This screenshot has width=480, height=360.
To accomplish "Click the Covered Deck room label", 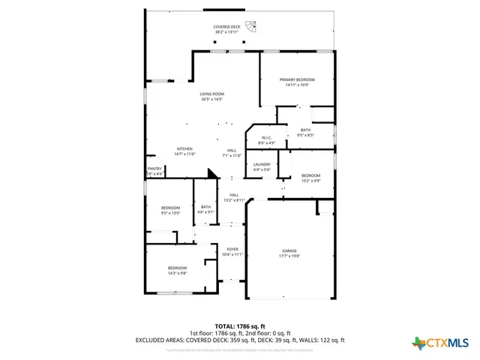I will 226,27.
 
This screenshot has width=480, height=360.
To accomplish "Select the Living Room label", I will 212,94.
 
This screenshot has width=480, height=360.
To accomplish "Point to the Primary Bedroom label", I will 297,79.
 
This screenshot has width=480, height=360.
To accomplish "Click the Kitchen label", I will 184,148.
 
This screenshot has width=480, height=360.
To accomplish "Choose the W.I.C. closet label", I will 267,138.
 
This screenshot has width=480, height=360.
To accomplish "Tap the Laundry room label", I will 262,164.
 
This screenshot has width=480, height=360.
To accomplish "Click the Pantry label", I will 154,169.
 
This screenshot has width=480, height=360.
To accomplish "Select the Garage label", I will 289,250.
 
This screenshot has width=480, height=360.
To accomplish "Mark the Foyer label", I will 233,249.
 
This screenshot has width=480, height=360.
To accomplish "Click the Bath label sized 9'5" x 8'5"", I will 305,130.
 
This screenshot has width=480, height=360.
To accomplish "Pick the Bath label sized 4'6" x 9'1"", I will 205,207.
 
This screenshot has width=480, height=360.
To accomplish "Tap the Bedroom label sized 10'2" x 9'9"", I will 310,175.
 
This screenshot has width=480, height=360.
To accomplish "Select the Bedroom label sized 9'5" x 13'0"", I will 171,207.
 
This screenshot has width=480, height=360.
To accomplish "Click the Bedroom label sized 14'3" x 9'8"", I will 177,268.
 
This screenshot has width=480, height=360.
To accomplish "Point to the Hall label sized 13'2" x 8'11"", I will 234,195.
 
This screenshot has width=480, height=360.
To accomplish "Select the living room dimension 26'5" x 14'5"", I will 212,99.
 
